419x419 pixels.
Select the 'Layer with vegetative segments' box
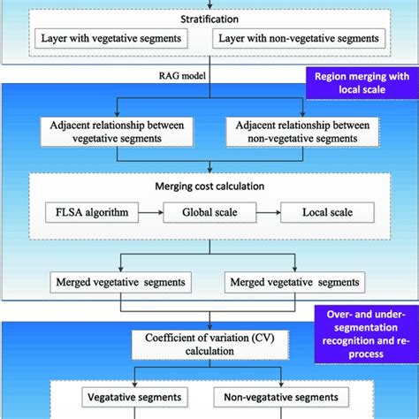pyautogui.click(x=110, y=39)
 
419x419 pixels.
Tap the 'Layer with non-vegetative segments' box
pyautogui.click(x=300, y=39)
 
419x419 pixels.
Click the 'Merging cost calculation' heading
pyautogui.click(x=209, y=187)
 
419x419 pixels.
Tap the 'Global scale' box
pyautogui.click(x=209, y=213)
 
